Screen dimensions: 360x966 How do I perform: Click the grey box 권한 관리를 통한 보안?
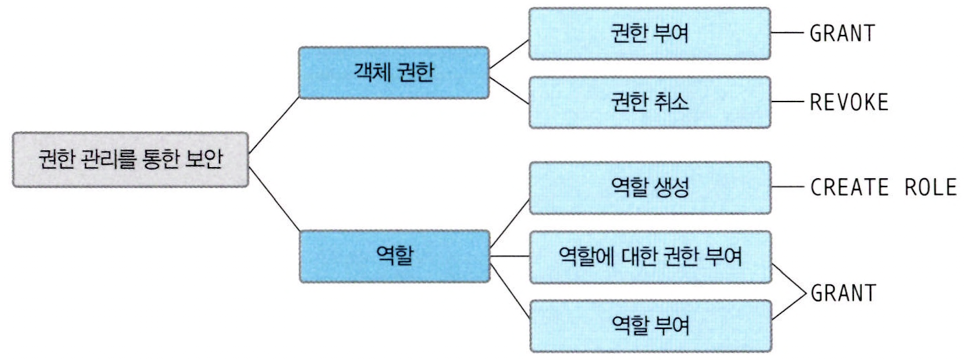[x=131, y=160]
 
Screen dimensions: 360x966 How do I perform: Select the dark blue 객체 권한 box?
[x=393, y=73]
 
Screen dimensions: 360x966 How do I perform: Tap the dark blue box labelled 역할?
[x=394, y=257]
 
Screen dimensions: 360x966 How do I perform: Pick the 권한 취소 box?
[x=649, y=102]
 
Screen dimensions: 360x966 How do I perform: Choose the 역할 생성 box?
[x=650, y=188]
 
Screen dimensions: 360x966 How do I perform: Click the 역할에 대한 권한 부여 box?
[x=650, y=257]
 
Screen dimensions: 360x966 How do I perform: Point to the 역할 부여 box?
[x=650, y=326]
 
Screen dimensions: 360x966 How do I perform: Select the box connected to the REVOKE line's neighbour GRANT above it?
[x=649, y=34]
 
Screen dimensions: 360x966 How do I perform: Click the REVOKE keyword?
[x=849, y=102]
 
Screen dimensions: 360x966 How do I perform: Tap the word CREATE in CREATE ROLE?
[x=849, y=188]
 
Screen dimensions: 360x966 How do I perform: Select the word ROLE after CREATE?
[x=930, y=188]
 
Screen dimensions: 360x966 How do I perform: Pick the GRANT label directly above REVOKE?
[x=842, y=34]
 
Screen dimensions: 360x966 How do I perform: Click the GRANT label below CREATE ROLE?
[x=843, y=293]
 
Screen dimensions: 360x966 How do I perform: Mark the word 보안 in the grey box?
[x=204, y=160]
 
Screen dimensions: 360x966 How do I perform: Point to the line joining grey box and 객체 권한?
[x=274, y=125]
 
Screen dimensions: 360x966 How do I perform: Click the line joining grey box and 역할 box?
[x=274, y=199]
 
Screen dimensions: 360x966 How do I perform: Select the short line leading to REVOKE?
[x=788, y=102]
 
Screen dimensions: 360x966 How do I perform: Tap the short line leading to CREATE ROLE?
[x=788, y=187]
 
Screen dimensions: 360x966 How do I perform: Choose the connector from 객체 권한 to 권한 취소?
[x=509, y=90]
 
